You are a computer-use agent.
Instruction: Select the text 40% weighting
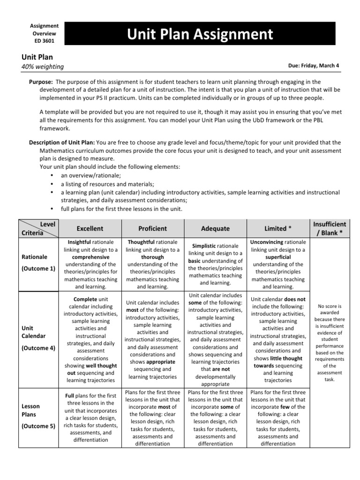(x=43, y=67)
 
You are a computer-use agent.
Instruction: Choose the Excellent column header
(x=90, y=228)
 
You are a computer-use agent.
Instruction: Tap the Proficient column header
(x=152, y=228)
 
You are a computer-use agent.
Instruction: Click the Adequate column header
(x=215, y=228)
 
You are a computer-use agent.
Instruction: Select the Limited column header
(x=278, y=228)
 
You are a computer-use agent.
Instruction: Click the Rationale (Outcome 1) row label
(x=37, y=263)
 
